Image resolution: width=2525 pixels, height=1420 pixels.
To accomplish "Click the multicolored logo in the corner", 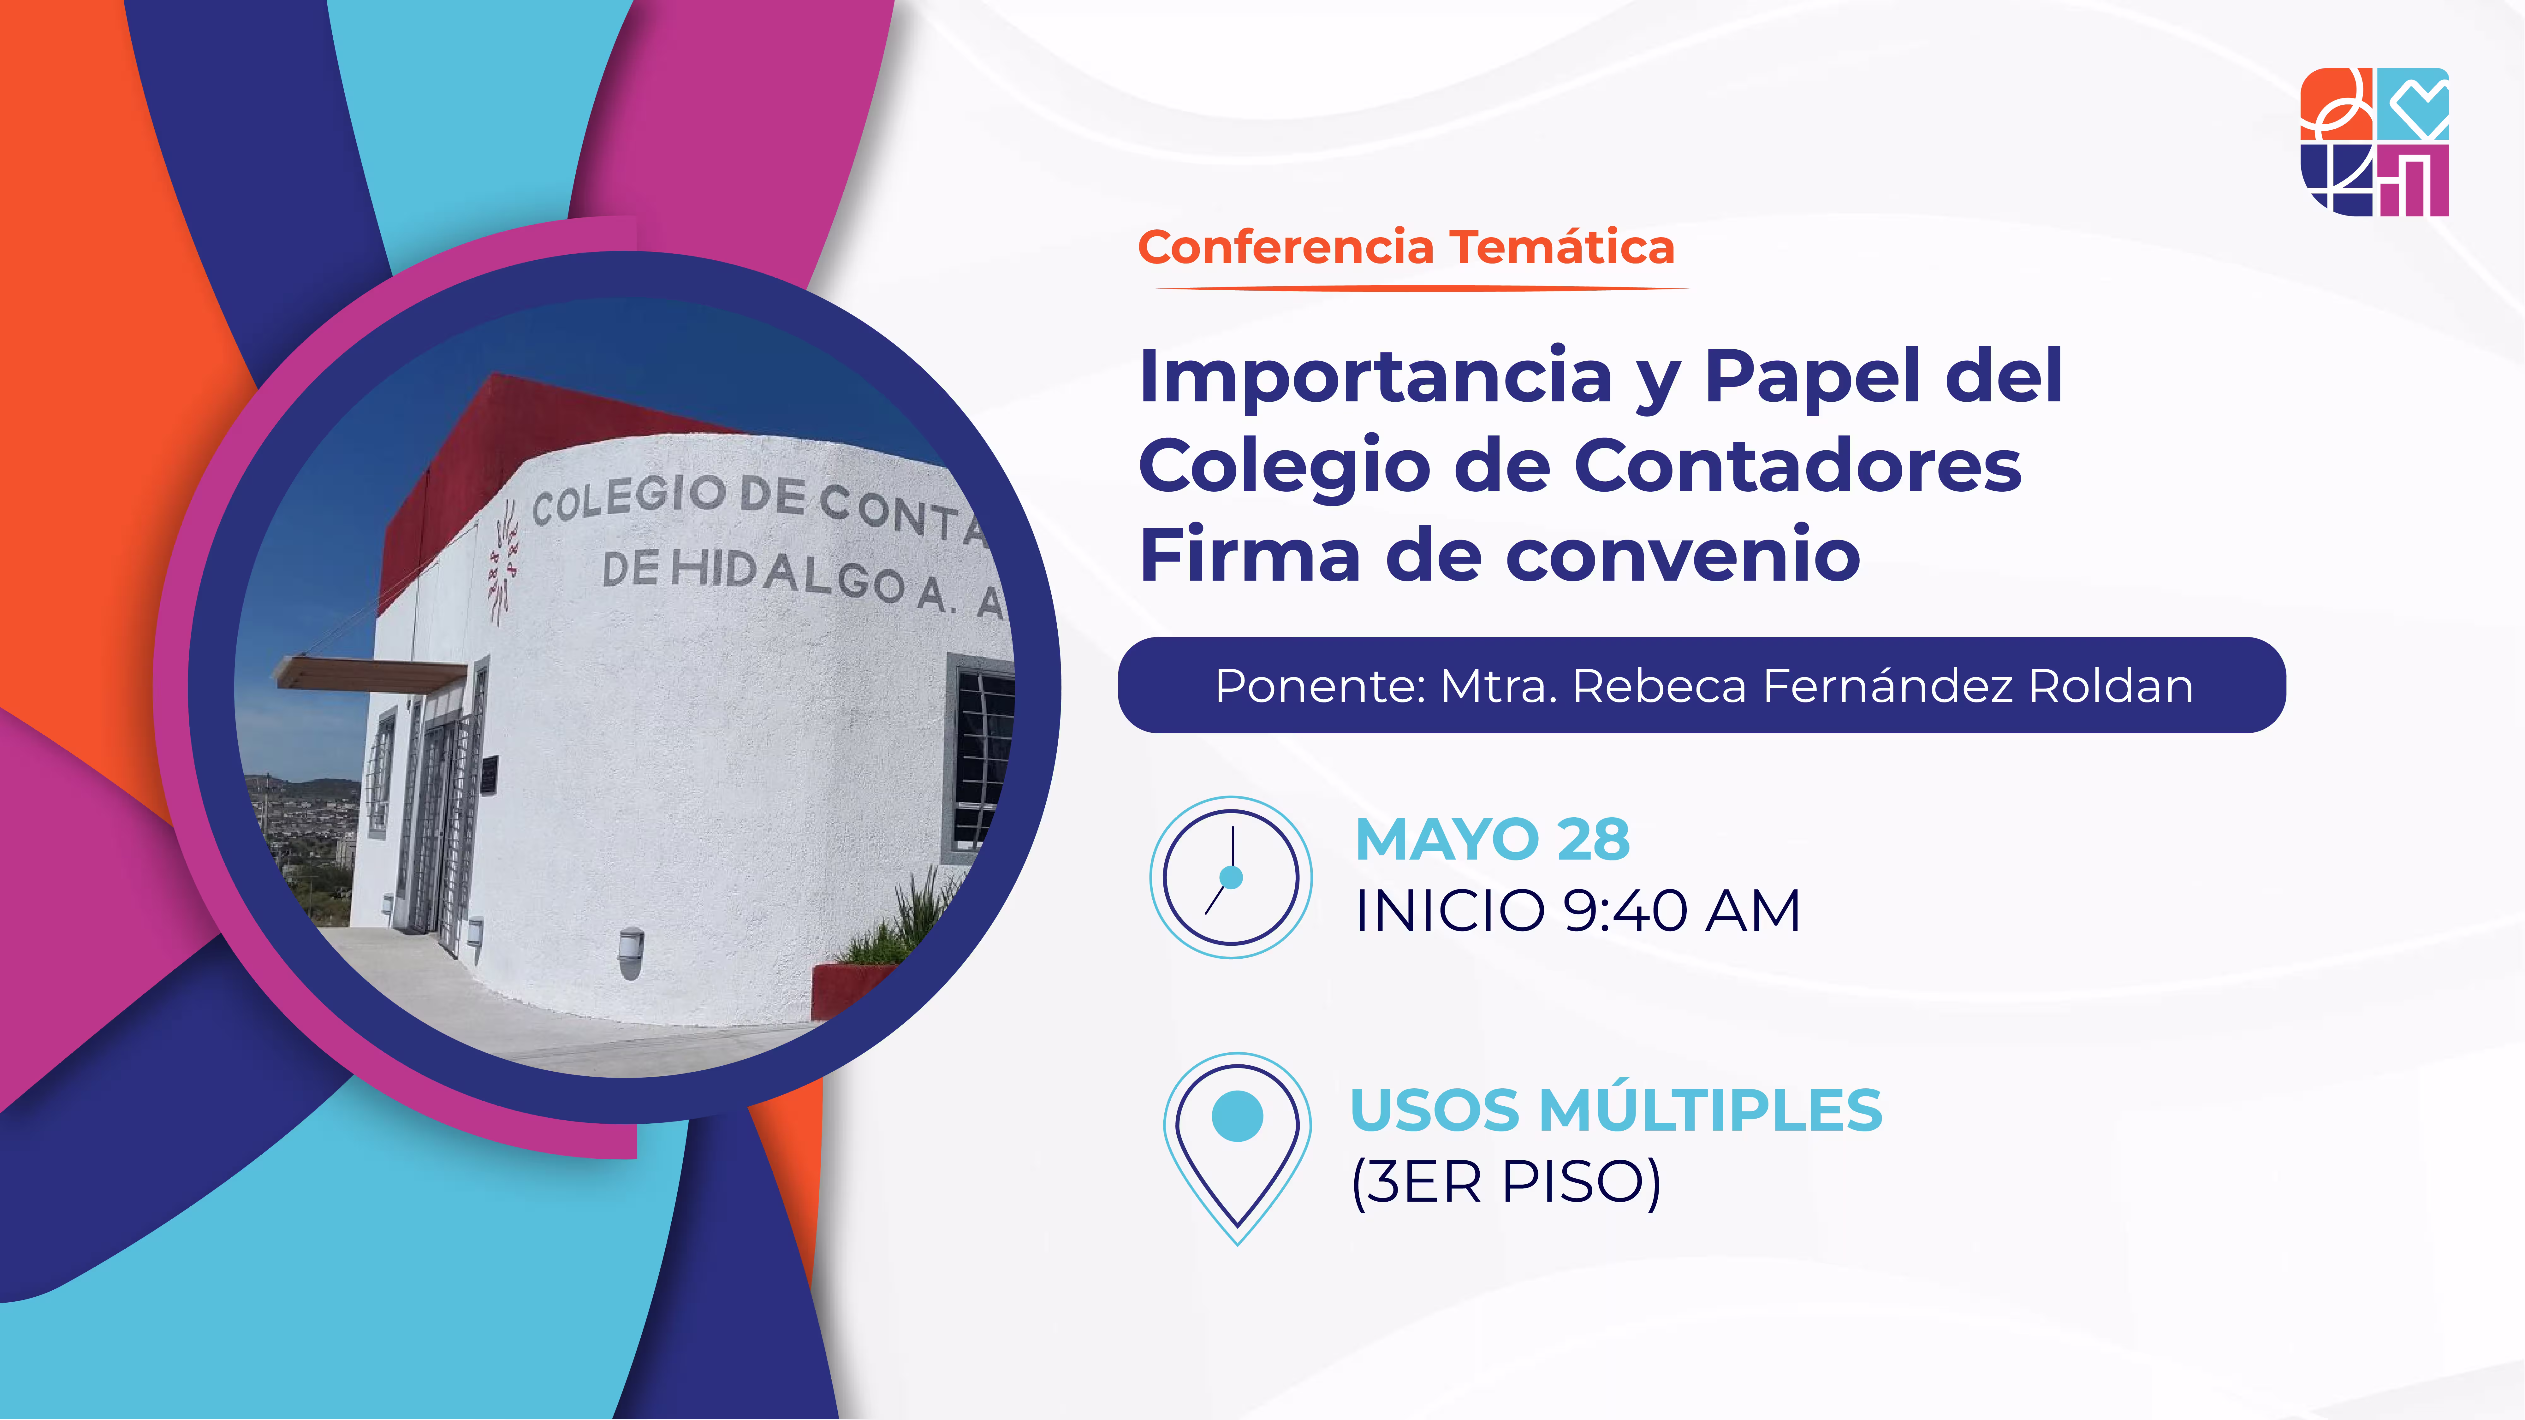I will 2374,142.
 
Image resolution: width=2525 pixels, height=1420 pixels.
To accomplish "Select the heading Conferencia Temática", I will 1405,247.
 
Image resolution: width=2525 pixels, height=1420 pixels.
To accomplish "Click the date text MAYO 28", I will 1492,840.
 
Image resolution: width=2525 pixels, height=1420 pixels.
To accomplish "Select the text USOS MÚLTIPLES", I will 1615,1110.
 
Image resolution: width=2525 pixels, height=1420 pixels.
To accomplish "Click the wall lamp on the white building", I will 631,949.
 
